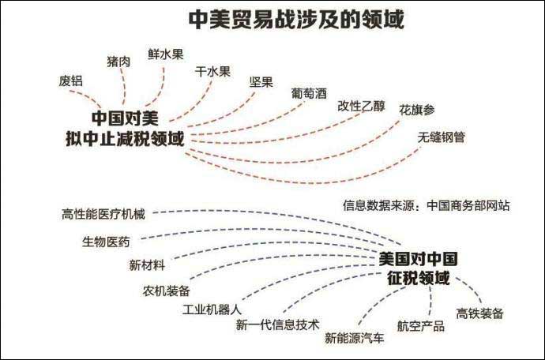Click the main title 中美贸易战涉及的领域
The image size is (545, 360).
[x=295, y=20]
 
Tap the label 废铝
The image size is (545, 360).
[x=71, y=81]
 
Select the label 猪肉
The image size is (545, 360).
[x=118, y=62]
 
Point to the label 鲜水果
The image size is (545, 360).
[x=165, y=54]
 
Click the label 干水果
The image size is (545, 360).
[x=212, y=72]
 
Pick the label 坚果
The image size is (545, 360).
[x=261, y=82]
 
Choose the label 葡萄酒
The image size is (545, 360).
[x=309, y=93]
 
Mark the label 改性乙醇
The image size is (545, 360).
[x=362, y=106]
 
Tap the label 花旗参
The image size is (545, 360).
[x=417, y=110]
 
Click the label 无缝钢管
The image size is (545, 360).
[x=441, y=137]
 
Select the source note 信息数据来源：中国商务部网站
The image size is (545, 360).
[x=427, y=205]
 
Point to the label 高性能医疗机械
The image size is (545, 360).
[x=103, y=214]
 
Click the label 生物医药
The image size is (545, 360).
[x=106, y=242]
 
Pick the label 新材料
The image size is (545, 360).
[x=147, y=265]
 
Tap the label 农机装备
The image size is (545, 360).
[x=166, y=291]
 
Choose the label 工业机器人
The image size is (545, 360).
[x=212, y=309]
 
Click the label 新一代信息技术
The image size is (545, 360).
[x=277, y=324]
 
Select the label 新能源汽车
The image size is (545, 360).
[x=354, y=338]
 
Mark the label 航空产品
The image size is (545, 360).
[x=420, y=326]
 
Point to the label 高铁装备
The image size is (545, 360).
[x=479, y=313]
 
